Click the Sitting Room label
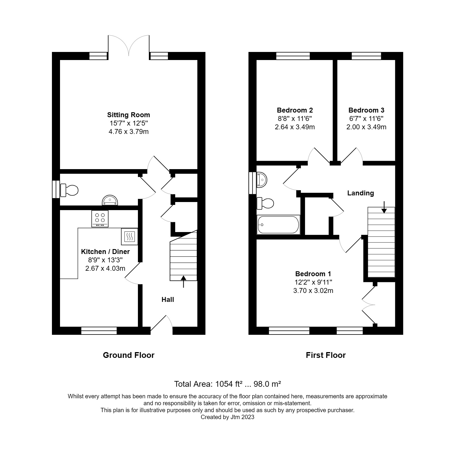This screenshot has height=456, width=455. coord(128,115)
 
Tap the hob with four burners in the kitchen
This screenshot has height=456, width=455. coord(100,218)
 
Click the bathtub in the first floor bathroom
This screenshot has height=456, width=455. coord(278,225)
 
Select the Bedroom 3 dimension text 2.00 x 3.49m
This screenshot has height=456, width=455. coord(366,127)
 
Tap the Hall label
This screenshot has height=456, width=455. coord(168,300)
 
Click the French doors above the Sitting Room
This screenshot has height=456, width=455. coord(129,46)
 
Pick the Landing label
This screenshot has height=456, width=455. coord(360,193)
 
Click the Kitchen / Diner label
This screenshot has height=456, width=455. coord(105,252)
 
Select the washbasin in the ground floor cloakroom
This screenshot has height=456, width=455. coord(110,200)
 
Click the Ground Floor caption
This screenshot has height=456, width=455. coord(128,355)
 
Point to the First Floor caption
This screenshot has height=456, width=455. coord(325,355)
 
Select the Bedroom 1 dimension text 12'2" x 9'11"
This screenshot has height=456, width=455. coord(313,282)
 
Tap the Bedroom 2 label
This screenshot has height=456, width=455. coord(295,110)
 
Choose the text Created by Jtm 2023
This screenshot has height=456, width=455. coord(227,417)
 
